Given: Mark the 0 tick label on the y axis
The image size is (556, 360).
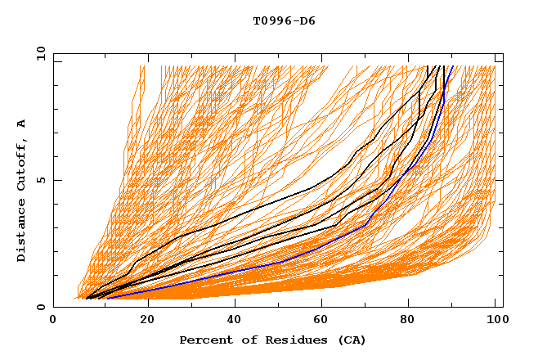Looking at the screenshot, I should (39, 308).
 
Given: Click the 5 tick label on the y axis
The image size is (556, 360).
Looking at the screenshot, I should (39, 180).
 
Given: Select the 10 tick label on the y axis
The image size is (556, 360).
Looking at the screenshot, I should (38, 53).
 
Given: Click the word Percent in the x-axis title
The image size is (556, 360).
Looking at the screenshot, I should (205, 340).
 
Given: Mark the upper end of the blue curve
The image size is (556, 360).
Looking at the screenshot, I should (453, 66).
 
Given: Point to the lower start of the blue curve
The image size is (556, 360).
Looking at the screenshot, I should (107, 298).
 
